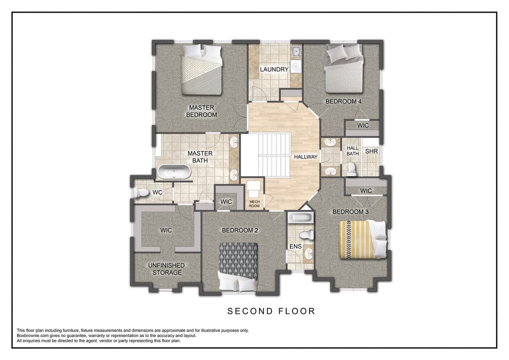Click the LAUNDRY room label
point(274,69)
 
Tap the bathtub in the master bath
point(174,172)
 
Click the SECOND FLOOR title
point(271,311)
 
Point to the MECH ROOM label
point(254,204)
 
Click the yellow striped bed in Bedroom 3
point(363,239)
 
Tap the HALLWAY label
point(306,157)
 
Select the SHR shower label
point(371,151)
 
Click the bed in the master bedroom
point(201,69)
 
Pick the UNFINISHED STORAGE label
point(167,269)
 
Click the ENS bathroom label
point(295,246)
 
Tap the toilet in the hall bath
point(352,169)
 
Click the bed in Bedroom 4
point(343,68)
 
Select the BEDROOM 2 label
point(240,230)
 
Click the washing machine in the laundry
point(296,66)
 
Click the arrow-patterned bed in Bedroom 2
point(239,267)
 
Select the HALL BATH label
point(352,151)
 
